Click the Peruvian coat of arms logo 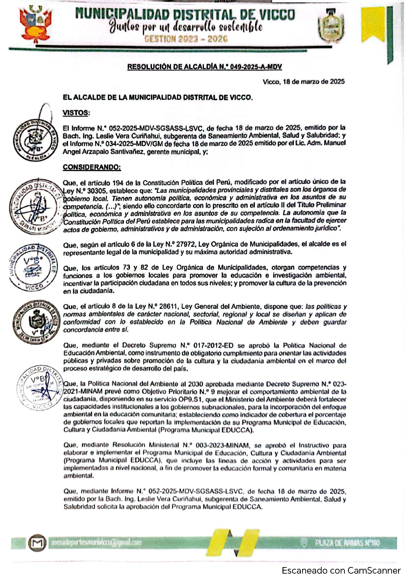pyautogui.click(x=36, y=25)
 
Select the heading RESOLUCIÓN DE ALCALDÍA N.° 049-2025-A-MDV pyautogui.click(x=205, y=67)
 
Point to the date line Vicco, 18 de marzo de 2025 pyautogui.click(x=304, y=82)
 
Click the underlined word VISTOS pyautogui.click(x=76, y=113)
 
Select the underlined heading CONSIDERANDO pyautogui.click(x=92, y=167)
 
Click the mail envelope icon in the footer pyautogui.click(x=37, y=543)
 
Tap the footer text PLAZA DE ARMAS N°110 pyautogui.click(x=347, y=543)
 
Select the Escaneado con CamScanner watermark pyautogui.click(x=341, y=571)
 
